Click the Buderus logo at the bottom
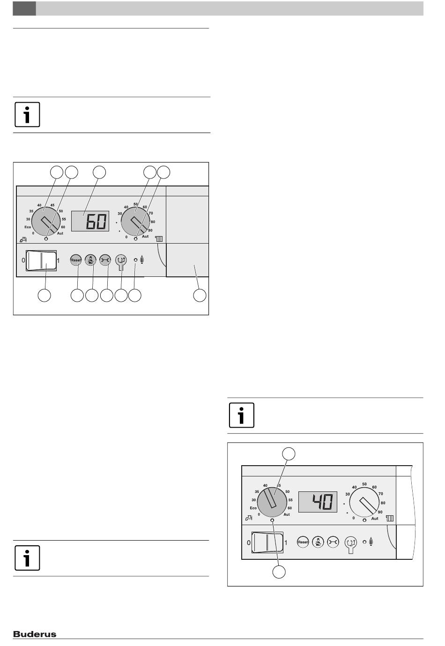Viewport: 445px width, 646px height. [x=35, y=634]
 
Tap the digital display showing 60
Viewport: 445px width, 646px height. [x=90, y=221]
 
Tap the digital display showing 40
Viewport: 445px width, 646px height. [x=318, y=502]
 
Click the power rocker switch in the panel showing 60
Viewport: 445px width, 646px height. [x=41, y=260]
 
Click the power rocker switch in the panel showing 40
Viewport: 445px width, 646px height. [x=267, y=542]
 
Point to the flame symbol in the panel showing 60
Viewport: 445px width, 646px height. [x=141, y=260]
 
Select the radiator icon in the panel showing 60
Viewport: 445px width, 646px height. [x=159, y=239]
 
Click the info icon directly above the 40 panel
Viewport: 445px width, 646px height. [x=241, y=415]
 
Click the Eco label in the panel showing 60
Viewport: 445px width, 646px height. [x=27, y=227]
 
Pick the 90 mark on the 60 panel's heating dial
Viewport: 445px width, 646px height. [x=150, y=230]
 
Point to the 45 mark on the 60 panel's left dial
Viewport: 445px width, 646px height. [x=52, y=205]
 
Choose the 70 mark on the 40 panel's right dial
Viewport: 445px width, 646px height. [x=381, y=494]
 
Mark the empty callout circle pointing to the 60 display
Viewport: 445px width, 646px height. [x=99, y=172]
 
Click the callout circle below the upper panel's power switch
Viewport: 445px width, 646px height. [x=44, y=295]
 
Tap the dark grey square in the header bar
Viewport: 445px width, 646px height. [x=24, y=8]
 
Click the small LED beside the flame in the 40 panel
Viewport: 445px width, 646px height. [x=364, y=542]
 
